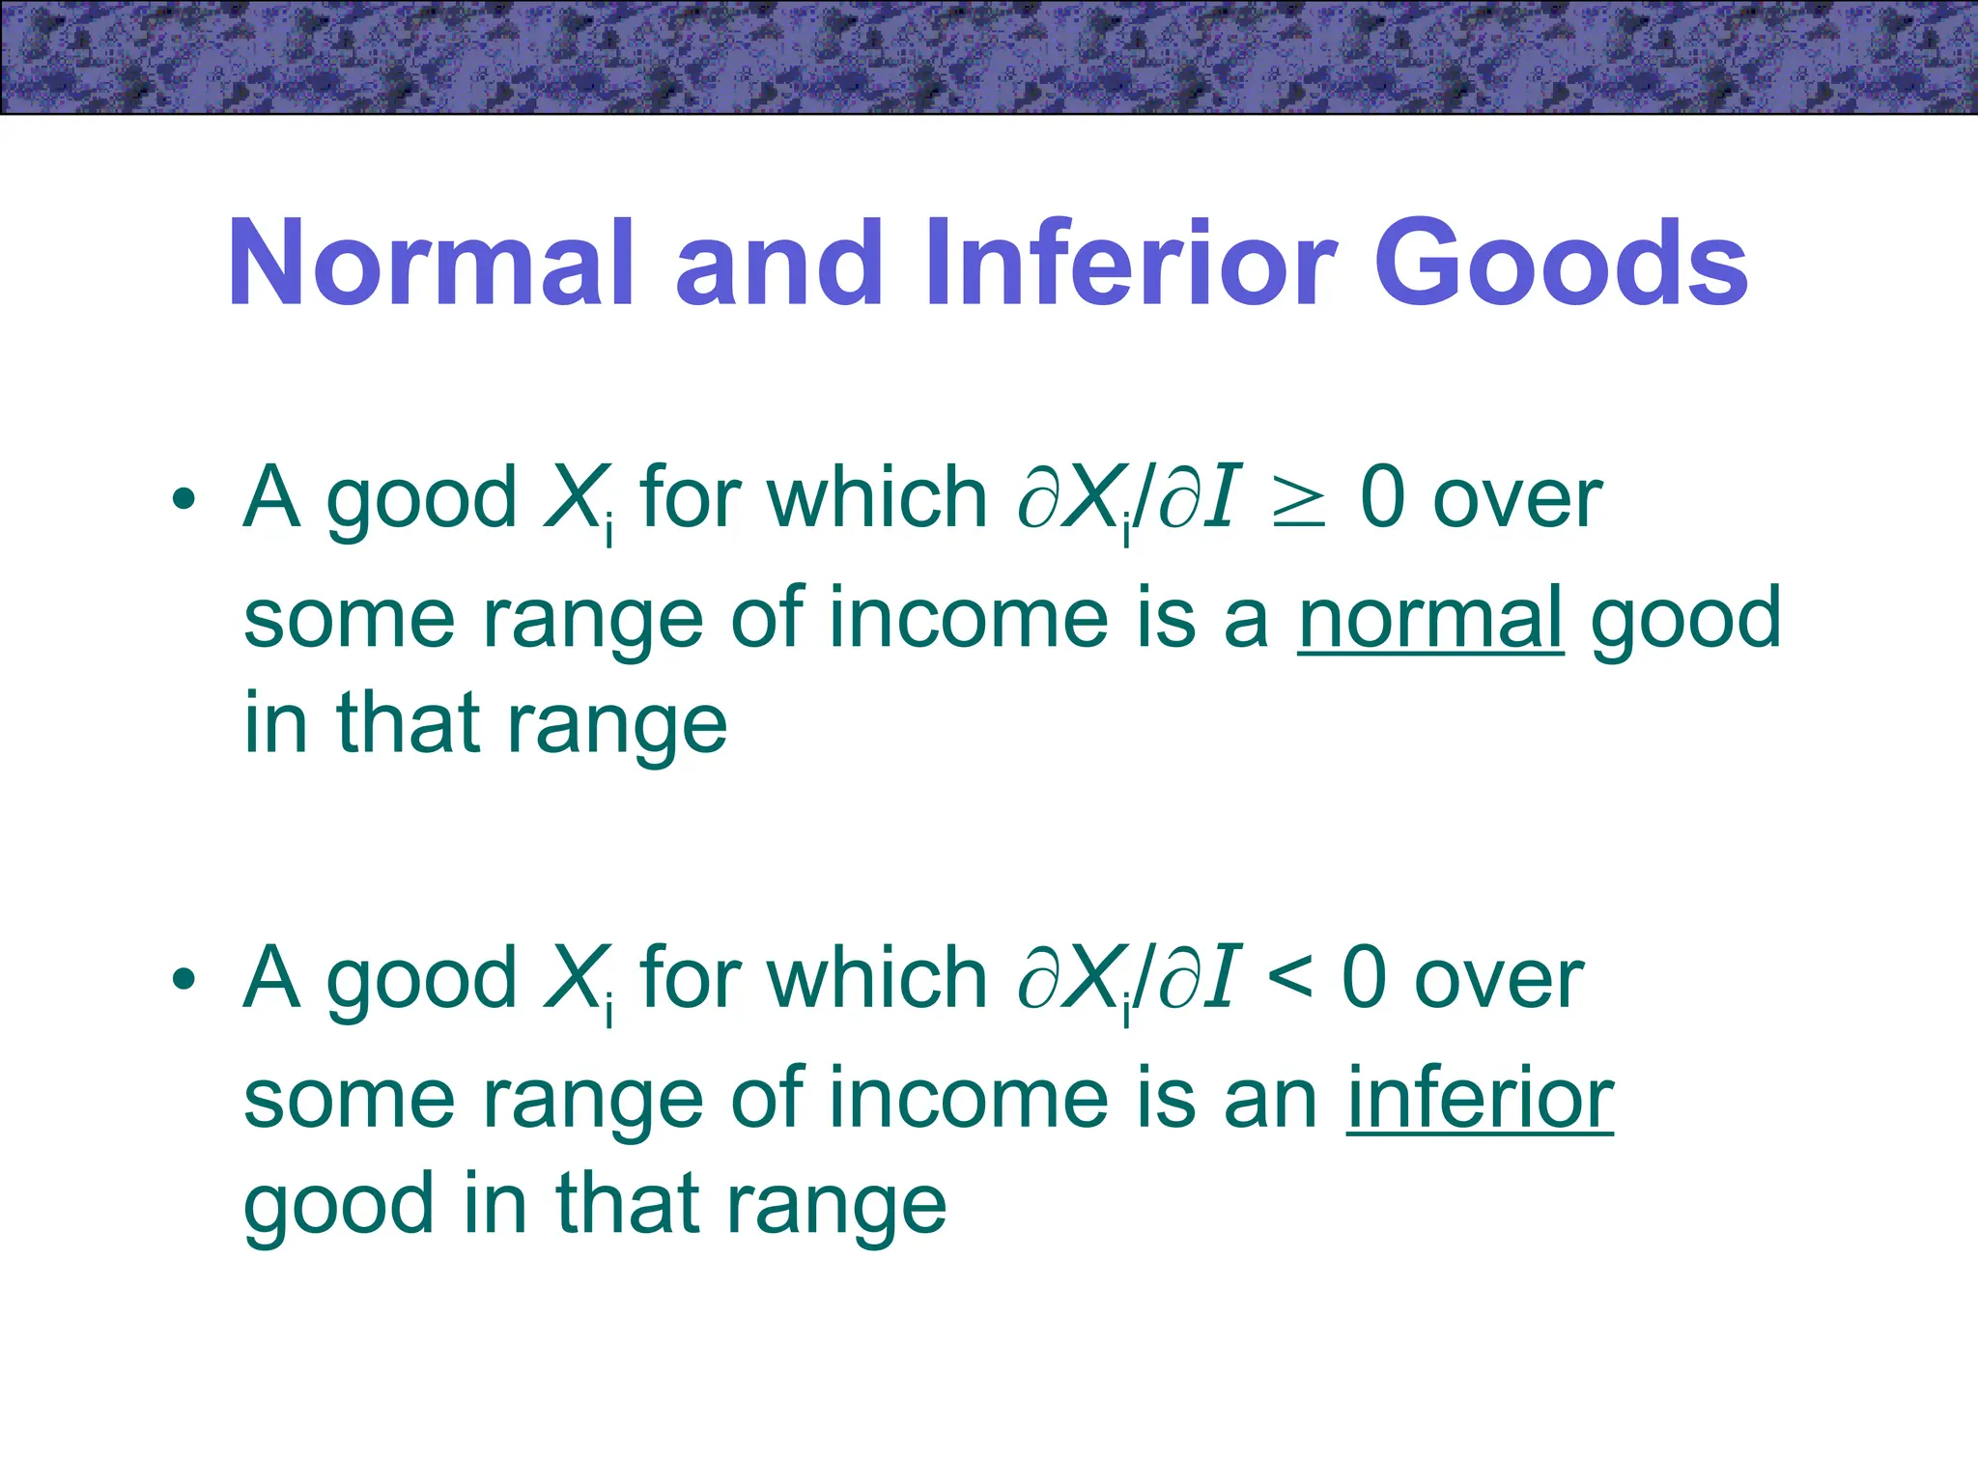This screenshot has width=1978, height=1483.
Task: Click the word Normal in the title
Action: (431, 263)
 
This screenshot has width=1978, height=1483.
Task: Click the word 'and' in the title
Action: (777, 263)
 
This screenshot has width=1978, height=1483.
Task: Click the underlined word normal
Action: (1429, 618)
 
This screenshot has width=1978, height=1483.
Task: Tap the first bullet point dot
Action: (184, 500)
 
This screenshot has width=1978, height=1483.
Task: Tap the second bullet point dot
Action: (184, 980)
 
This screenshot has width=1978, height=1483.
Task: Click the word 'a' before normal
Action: (1246, 623)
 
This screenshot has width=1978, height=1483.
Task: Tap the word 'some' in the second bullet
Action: (349, 1101)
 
